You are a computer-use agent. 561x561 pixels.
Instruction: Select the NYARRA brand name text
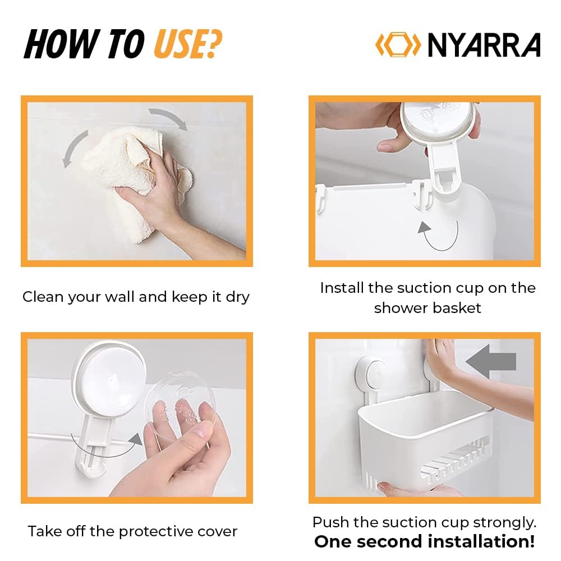(484, 45)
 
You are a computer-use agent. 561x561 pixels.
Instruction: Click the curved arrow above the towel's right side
(168, 118)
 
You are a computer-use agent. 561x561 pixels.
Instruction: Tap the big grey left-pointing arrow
(490, 361)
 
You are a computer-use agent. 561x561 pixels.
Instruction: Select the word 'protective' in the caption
(140, 531)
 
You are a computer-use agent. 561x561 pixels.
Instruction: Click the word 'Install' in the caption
(342, 288)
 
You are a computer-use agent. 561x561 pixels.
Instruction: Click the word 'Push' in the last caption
(329, 522)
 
